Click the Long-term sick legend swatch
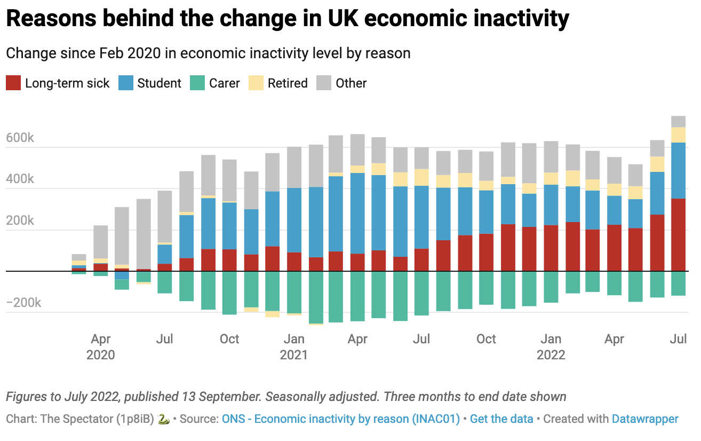click(13, 83)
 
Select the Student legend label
click(159, 83)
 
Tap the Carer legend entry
click(224, 83)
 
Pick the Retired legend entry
click(288, 83)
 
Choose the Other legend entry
click(351, 83)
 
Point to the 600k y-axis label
click(20, 138)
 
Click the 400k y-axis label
click(20, 179)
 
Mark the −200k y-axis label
click(23, 303)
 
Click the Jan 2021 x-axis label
click(294, 346)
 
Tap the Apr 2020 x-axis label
click(101, 346)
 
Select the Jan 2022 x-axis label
click(551, 346)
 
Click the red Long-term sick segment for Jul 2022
click(678, 235)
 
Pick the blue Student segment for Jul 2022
click(678, 170)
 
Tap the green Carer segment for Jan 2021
click(294, 292)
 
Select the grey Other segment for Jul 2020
click(165, 216)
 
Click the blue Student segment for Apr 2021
click(358, 213)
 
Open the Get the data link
click(501, 419)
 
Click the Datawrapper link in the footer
click(645, 419)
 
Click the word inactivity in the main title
click(515, 19)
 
